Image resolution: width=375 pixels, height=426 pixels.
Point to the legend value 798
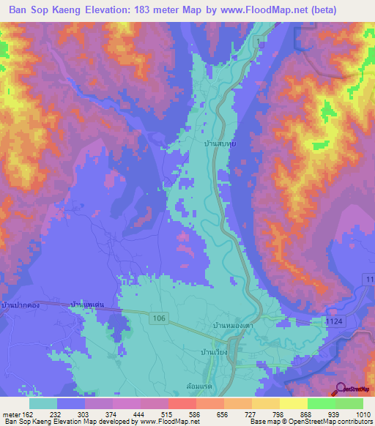point(270,414)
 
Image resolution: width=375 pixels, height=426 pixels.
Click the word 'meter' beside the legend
point(12,414)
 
